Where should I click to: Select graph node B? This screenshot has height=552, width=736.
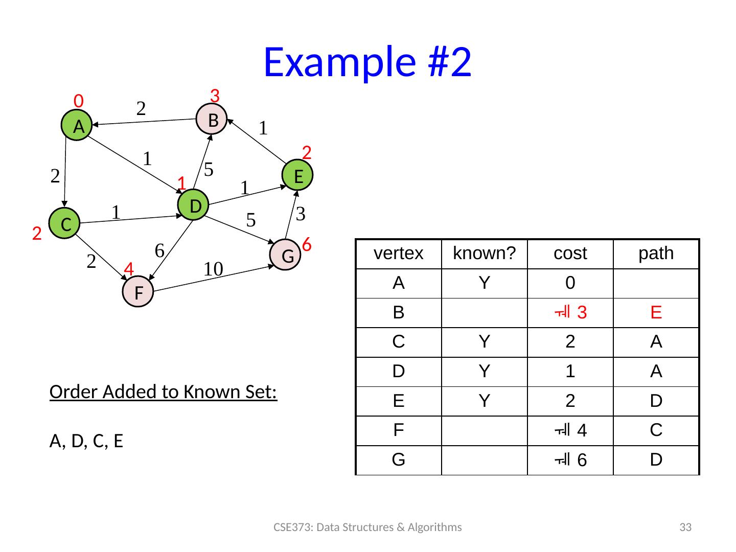pyautogui.click(x=212, y=120)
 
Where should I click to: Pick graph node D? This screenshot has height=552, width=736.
pyautogui.click(x=194, y=205)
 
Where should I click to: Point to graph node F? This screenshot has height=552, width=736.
pyautogui.click(x=138, y=292)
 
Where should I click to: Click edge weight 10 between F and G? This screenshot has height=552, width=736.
pyautogui.click(x=213, y=269)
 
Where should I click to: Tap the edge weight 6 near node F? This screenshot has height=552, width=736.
pyautogui.click(x=159, y=250)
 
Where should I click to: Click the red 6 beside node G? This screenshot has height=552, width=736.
pyautogui.click(x=307, y=245)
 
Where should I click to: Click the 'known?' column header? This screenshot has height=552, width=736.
pyautogui.click(x=484, y=254)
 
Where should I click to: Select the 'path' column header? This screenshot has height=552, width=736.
pyautogui.click(x=656, y=254)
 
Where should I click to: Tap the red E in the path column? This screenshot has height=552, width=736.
pyautogui.click(x=656, y=313)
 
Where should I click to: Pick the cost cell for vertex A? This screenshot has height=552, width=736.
pyautogui.click(x=570, y=283)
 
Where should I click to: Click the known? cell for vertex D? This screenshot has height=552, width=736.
pyautogui.click(x=484, y=372)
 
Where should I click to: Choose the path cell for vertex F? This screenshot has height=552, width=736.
pyautogui.click(x=656, y=431)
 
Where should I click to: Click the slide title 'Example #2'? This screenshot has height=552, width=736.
pyautogui.click(x=367, y=62)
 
